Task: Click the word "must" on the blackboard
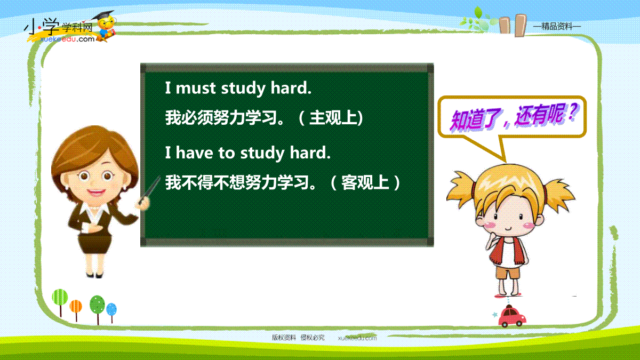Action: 195,88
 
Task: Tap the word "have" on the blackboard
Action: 194,153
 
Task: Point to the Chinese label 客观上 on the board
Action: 365,182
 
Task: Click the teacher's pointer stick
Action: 150,190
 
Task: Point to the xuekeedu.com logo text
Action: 67,39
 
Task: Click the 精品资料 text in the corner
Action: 557,27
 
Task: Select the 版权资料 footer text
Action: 284,338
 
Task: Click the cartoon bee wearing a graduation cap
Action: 106,26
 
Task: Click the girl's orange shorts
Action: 508,273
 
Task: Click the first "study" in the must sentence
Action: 243,89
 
